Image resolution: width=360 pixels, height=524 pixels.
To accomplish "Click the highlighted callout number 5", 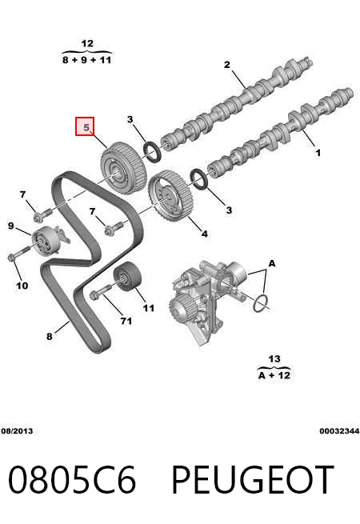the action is [86, 127].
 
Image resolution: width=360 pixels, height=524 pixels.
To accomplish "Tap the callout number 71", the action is [126, 321].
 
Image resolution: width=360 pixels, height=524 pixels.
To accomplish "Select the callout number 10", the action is [22, 286].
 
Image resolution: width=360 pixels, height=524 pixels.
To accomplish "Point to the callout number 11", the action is [149, 308].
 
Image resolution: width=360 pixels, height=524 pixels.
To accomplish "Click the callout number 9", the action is [11, 226].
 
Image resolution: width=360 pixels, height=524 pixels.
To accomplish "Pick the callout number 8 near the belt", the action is [49, 336].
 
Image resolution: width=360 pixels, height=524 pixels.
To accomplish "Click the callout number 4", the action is [204, 234].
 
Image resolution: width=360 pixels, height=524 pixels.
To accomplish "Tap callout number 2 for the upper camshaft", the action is [227, 64].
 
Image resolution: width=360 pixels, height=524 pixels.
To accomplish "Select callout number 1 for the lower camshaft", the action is [318, 153].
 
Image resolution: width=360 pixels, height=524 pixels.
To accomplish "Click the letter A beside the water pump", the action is [272, 264].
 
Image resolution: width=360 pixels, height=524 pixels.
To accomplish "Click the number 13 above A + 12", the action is [274, 359].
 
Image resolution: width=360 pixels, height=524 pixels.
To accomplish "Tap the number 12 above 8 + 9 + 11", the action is [87, 43].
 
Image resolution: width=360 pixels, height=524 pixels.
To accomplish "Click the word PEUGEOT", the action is [252, 479].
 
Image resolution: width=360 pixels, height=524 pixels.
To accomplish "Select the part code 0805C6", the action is [72, 479].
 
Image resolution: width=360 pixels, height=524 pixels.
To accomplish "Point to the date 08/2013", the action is [17, 430].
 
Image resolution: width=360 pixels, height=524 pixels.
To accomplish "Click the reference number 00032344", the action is [339, 430].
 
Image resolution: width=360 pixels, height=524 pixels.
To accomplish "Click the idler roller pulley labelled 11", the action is [127, 278].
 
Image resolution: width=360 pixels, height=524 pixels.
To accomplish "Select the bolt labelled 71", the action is [100, 291].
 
